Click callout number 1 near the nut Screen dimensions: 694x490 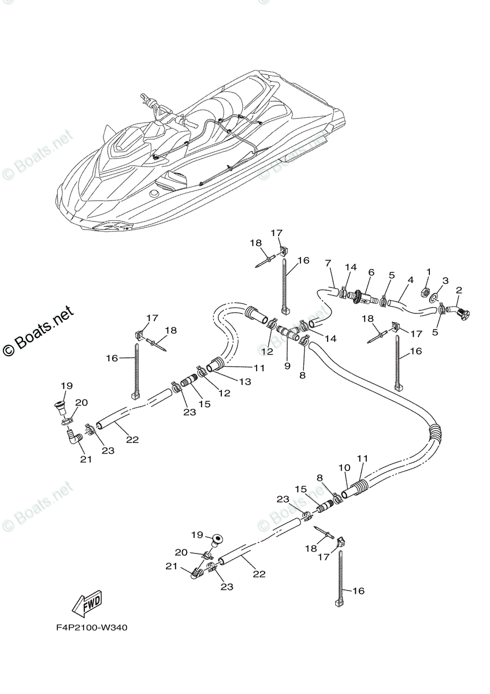[x=428, y=271]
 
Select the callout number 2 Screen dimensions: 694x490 [x=459, y=290]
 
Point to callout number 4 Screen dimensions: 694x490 [x=409, y=280]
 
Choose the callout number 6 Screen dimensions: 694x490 [x=371, y=272]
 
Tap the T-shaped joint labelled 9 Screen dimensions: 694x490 [x=288, y=334]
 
